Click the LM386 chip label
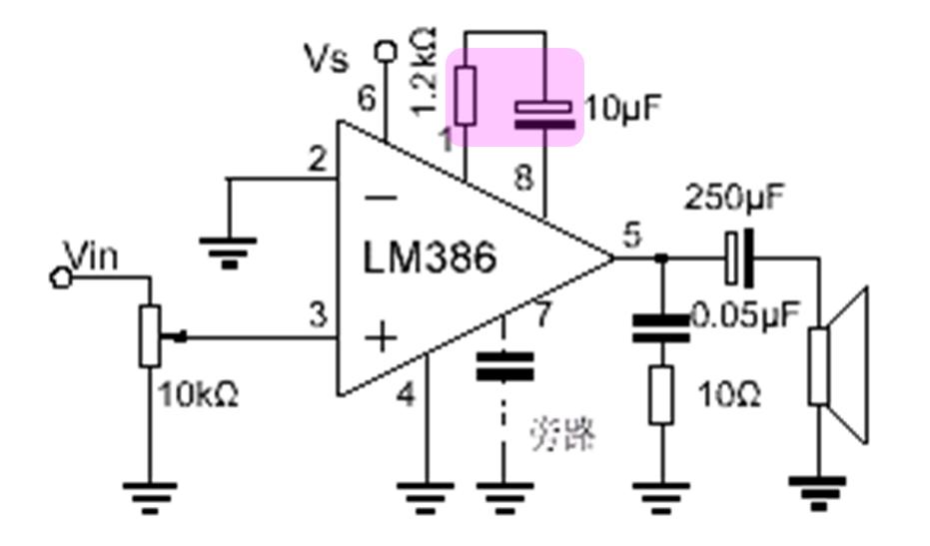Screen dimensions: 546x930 point(429,259)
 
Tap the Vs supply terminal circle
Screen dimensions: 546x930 point(384,48)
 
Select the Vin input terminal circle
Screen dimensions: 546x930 point(60,276)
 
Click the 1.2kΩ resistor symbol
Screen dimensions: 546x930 point(465,95)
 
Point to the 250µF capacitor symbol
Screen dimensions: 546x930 point(739,259)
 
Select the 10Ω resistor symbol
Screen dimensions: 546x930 point(660,394)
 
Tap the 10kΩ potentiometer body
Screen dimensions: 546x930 point(150,335)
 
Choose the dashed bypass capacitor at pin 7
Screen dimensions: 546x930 point(504,365)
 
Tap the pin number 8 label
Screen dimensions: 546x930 point(523,179)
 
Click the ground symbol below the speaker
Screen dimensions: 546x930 point(818,489)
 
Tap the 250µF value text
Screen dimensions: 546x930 point(733,199)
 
